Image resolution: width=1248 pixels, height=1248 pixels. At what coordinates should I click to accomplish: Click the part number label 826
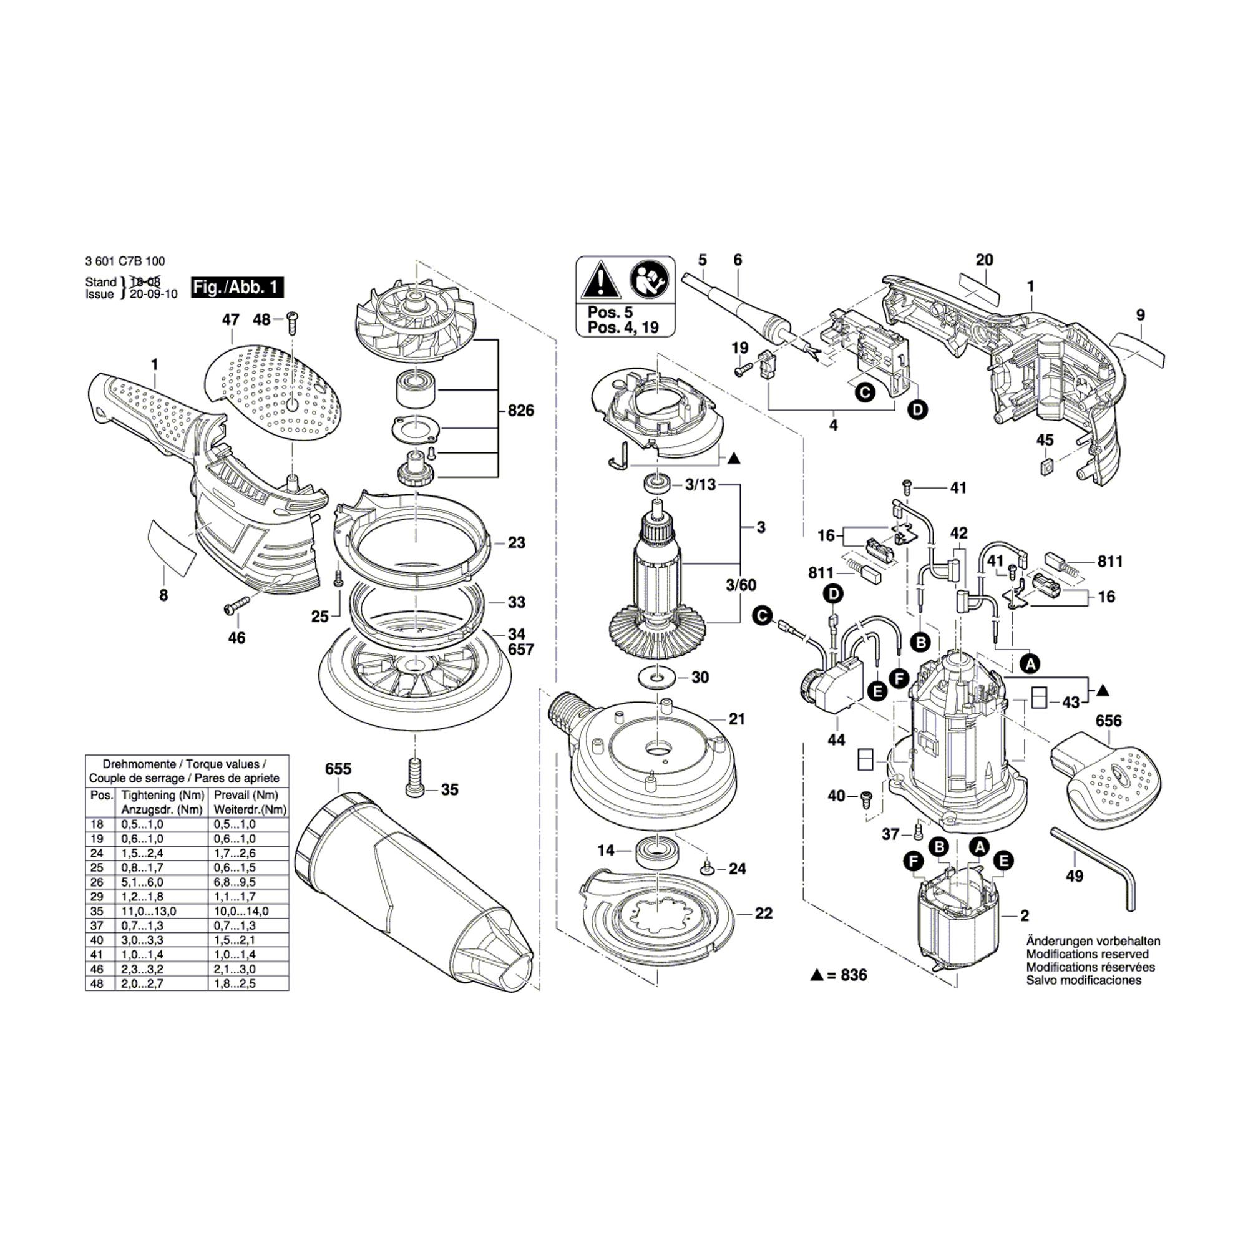(x=520, y=411)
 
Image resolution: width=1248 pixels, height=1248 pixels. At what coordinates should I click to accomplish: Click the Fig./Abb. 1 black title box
(x=237, y=288)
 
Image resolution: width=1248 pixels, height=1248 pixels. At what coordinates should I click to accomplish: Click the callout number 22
(x=764, y=914)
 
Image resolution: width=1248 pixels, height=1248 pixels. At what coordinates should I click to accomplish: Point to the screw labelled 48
(x=291, y=321)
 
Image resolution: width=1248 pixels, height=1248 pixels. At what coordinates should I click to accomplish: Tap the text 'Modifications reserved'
(x=1087, y=954)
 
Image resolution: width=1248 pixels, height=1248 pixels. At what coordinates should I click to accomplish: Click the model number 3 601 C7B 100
(x=125, y=261)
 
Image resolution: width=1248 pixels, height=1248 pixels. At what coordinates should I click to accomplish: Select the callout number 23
(x=516, y=543)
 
